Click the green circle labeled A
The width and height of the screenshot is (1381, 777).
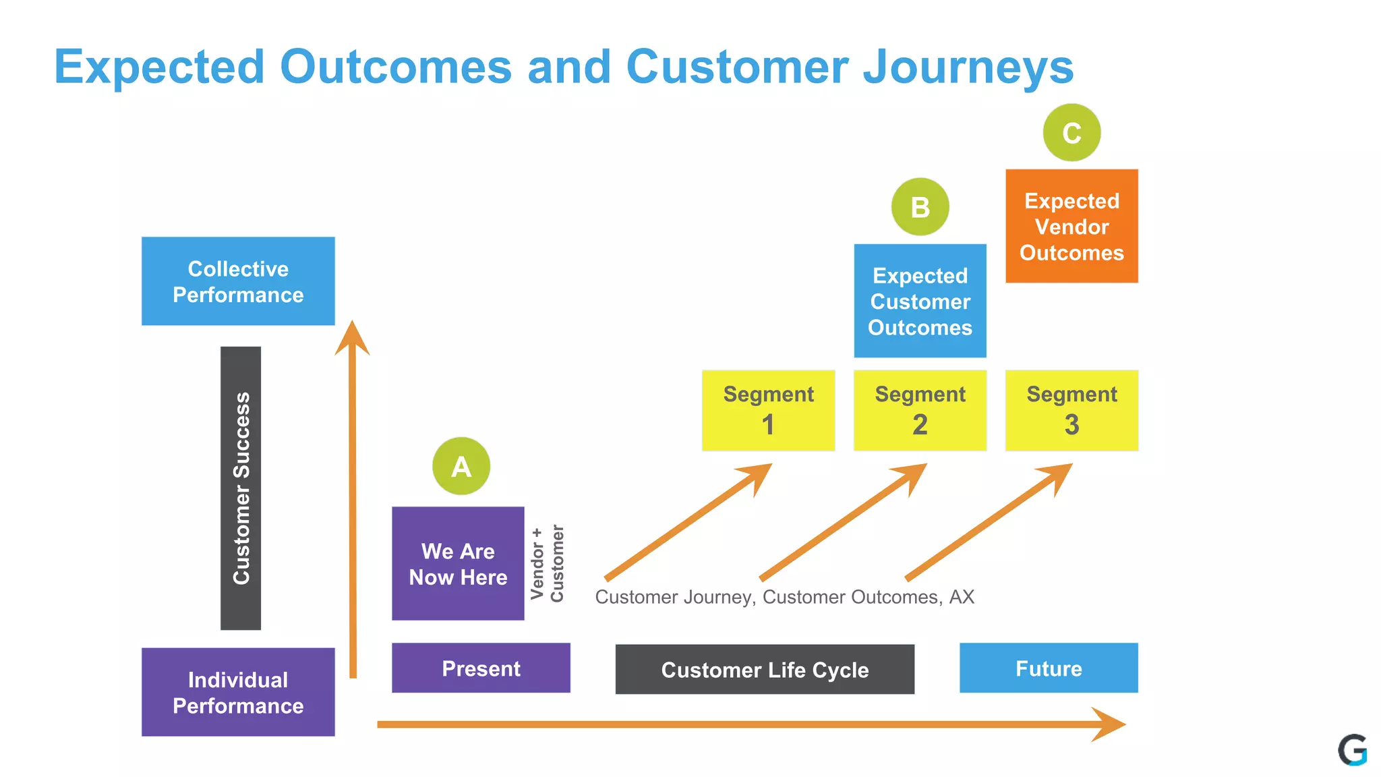tap(461, 466)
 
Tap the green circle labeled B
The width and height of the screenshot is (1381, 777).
tap(920, 207)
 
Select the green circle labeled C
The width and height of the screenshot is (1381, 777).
tap(1071, 133)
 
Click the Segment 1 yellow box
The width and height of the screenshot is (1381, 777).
tap(768, 410)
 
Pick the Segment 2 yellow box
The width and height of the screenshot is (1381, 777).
tap(920, 410)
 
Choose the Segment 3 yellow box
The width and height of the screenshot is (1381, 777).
tap(1071, 410)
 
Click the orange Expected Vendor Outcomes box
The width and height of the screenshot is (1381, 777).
tap(1071, 226)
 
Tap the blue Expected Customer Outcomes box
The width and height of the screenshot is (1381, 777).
tap(920, 301)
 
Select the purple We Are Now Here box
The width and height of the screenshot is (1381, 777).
tap(458, 564)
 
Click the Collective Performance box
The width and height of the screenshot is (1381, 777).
tap(238, 281)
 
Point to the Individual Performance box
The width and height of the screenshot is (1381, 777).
tap(238, 692)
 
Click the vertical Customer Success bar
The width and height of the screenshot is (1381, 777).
tap(241, 488)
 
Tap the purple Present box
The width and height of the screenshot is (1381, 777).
tap(481, 668)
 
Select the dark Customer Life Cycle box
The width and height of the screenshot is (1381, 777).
tap(765, 669)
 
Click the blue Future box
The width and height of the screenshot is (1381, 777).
tap(1049, 668)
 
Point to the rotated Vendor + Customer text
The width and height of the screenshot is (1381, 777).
tap(547, 564)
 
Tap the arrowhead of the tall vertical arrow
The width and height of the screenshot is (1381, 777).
tap(352, 337)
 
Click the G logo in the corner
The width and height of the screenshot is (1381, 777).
tap(1353, 750)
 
